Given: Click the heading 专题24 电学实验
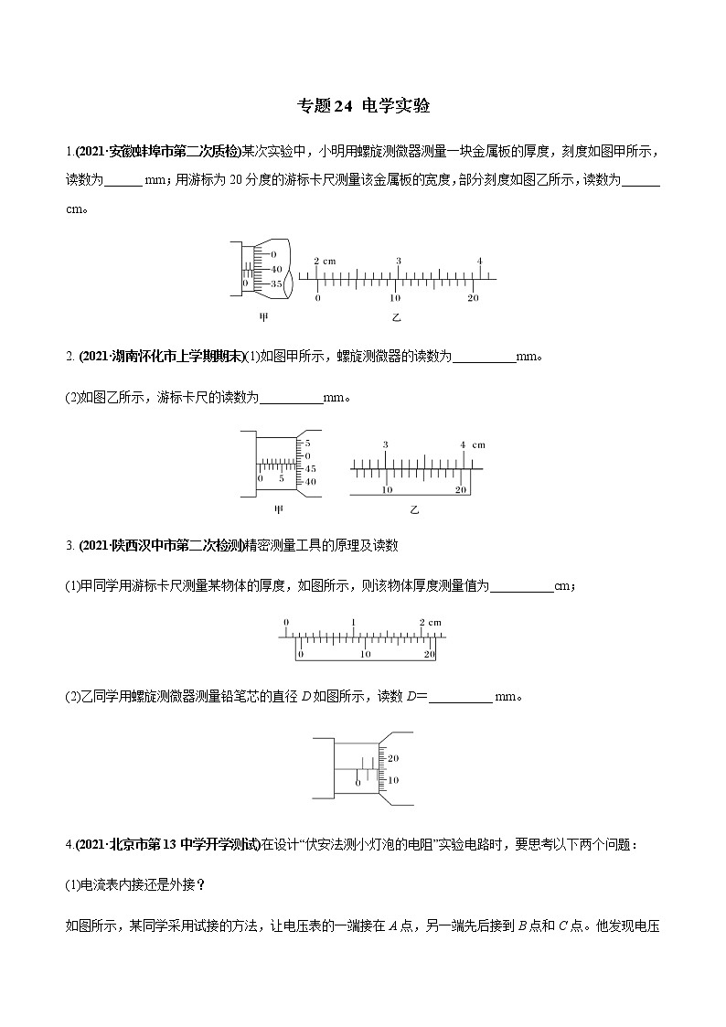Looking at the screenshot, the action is click(x=363, y=106).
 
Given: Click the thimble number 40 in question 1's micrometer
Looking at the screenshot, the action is click(x=275, y=268).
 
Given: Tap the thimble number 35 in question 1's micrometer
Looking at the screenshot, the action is click(x=275, y=283).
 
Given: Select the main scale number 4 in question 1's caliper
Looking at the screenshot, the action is click(x=479, y=262).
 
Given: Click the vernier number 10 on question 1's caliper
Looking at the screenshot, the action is click(x=395, y=299).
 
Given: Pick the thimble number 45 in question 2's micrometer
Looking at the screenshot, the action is click(x=311, y=468).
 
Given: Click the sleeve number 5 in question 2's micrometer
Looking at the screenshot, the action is click(x=282, y=478).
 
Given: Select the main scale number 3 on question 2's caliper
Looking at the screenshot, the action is click(x=386, y=444).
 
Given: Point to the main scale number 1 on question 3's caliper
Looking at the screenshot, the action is click(x=353, y=622).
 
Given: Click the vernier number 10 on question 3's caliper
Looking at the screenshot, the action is click(x=365, y=655).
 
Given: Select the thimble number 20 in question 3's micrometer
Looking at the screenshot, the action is click(x=394, y=759).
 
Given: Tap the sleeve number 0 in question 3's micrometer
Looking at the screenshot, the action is click(x=358, y=783).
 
